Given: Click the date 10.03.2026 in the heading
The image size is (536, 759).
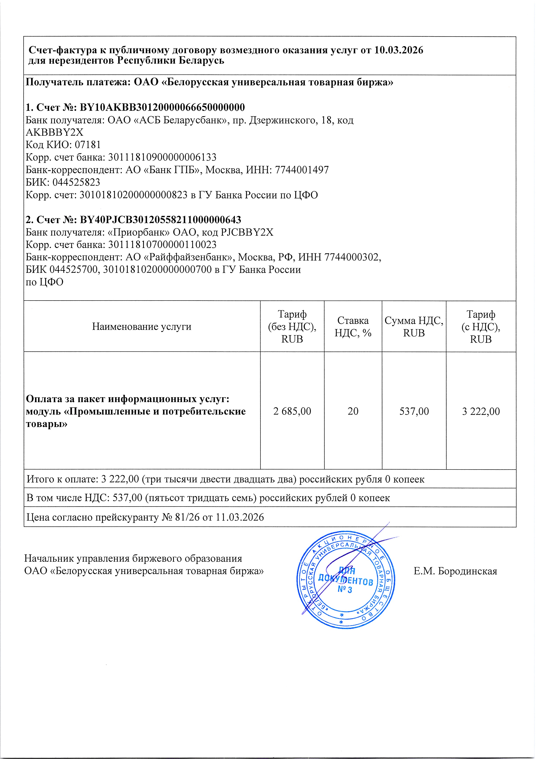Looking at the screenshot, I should pyautogui.click(x=399, y=50).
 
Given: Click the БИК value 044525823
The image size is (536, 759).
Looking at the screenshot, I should pyautogui.click(x=76, y=182).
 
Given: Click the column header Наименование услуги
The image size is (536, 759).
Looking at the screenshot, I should pyautogui.click(x=142, y=327).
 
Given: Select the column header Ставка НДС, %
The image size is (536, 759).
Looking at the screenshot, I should pyautogui.click(x=353, y=327).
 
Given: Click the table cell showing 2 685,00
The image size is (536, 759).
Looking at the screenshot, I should pyautogui.click(x=292, y=411).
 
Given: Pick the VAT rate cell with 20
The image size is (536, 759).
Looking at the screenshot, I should pyautogui.click(x=353, y=411).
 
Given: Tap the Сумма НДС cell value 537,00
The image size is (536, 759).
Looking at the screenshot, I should pyautogui.click(x=414, y=411).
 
